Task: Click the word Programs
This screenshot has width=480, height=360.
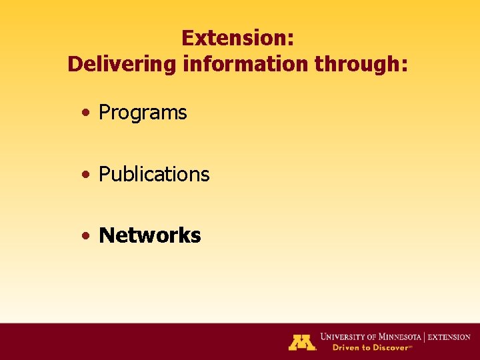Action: click(x=143, y=113)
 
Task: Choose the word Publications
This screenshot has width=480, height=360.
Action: click(x=154, y=175)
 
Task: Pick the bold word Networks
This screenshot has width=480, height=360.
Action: click(x=149, y=235)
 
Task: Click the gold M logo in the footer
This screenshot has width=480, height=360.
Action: click(x=301, y=342)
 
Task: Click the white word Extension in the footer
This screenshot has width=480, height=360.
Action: click(x=449, y=337)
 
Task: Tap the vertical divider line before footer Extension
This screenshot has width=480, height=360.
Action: click(x=425, y=337)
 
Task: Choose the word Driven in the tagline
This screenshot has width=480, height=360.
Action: click(x=337, y=347)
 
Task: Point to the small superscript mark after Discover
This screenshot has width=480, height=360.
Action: click(x=410, y=346)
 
